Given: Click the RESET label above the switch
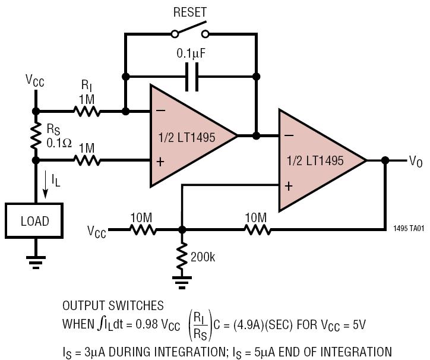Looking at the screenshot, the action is [x=190, y=12].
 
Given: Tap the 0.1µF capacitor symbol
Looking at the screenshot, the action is [x=192, y=77].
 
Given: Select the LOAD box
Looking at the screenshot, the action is [x=34, y=220].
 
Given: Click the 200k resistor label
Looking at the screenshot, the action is [x=203, y=257].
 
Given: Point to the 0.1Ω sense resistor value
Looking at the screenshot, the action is [x=59, y=143].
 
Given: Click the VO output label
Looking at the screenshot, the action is [x=416, y=161].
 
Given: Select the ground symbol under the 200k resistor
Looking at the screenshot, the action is [x=182, y=283].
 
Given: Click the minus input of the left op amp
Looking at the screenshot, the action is [x=161, y=110].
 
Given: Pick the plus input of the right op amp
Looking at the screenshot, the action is [x=289, y=187].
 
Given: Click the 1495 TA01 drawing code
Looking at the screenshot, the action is [x=409, y=228].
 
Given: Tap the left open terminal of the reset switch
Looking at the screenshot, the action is [x=175, y=34].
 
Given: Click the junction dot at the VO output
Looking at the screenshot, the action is [x=385, y=160].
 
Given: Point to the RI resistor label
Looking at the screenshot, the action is [x=87, y=86].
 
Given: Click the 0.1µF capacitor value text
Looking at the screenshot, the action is [x=191, y=53].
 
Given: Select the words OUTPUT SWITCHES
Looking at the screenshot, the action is [x=113, y=306].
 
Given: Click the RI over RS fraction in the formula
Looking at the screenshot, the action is [x=200, y=326].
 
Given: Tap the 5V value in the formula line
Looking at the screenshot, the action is [x=359, y=324].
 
